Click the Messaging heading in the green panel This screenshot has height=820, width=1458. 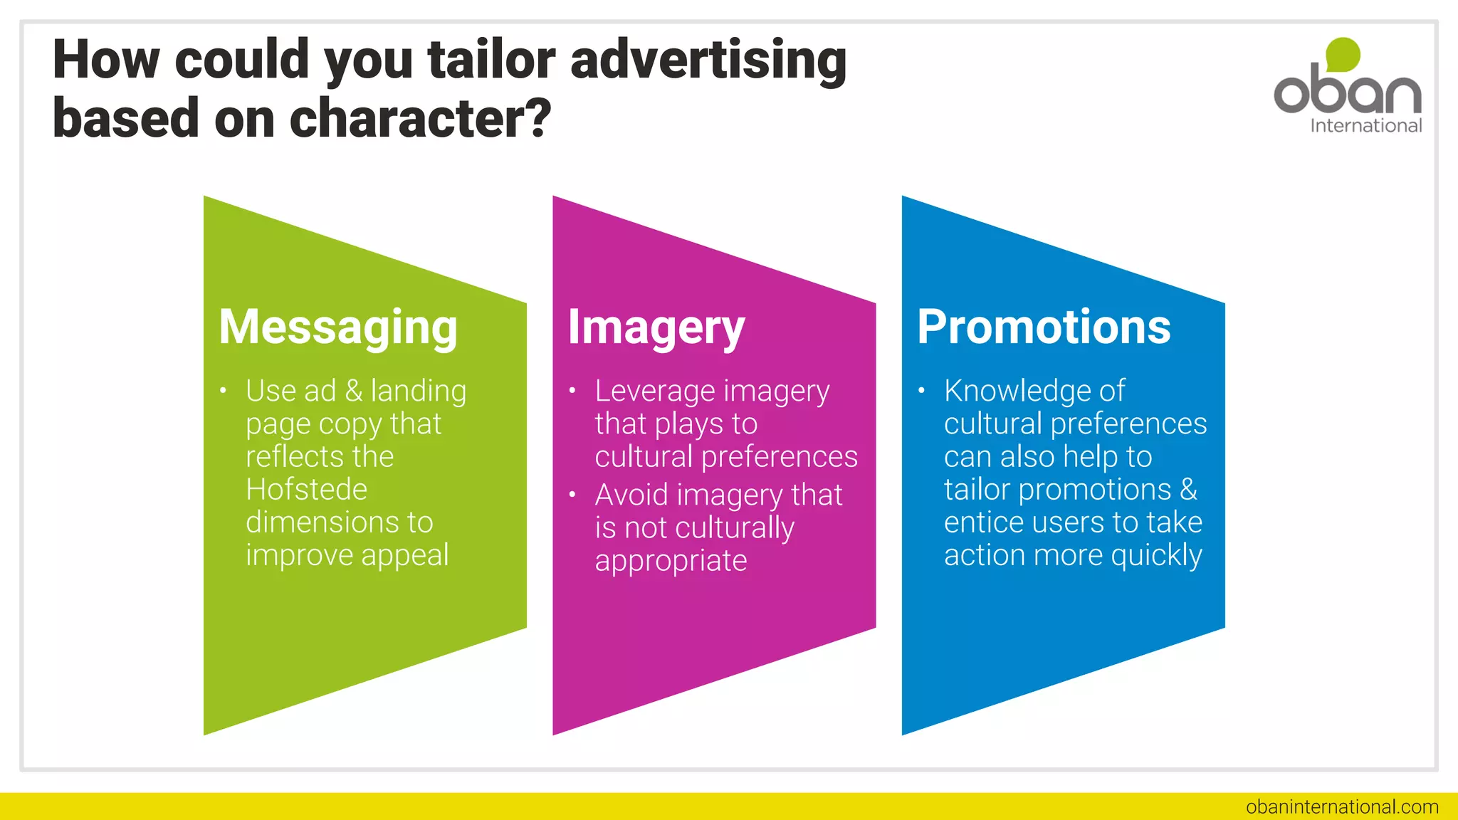(338, 328)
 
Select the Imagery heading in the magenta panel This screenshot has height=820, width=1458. (656, 328)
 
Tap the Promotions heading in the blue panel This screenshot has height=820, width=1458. (1043, 328)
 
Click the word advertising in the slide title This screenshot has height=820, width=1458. (708, 60)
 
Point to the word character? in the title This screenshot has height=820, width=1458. (420, 119)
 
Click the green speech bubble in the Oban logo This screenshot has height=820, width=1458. (1343, 55)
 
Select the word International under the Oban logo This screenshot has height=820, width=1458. (1365, 126)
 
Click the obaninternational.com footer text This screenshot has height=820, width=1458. (1342, 806)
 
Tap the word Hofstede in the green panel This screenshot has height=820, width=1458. (306, 490)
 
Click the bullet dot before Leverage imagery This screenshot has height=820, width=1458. (572, 390)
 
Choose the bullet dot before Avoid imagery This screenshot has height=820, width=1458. (572, 494)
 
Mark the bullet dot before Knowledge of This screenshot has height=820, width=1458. (921, 390)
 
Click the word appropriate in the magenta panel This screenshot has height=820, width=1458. (671, 561)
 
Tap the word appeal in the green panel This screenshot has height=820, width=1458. (404, 556)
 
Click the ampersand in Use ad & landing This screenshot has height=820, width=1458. (354, 391)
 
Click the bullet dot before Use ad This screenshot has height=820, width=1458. (223, 390)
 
